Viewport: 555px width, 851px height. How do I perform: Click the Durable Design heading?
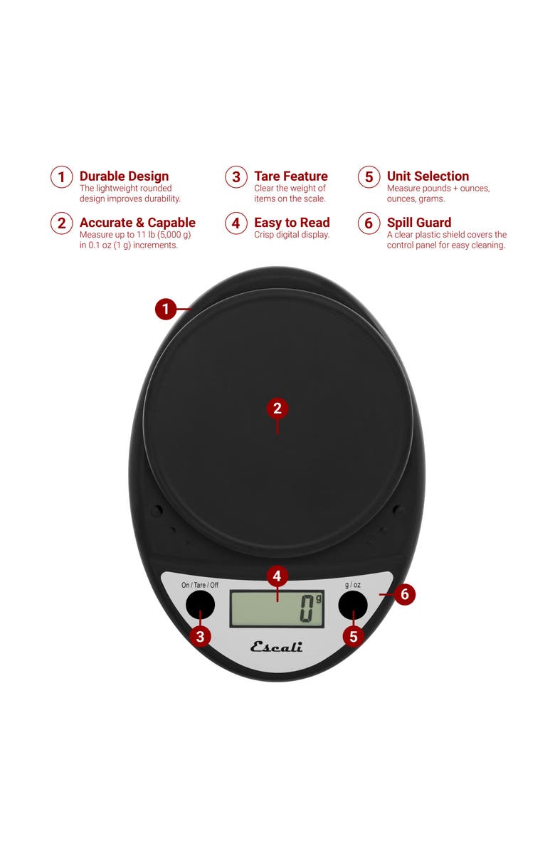(x=125, y=176)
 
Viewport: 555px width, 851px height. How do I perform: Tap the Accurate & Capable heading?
(x=137, y=223)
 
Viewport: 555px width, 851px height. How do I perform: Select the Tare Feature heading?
(x=291, y=176)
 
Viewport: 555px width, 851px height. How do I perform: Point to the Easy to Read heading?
(x=292, y=223)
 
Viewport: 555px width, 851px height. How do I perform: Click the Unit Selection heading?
(x=428, y=176)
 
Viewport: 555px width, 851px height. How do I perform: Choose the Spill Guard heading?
(x=419, y=223)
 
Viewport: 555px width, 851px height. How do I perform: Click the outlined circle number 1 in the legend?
(x=62, y=177)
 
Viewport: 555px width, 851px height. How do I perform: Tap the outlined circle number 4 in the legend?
(x=236, y=223)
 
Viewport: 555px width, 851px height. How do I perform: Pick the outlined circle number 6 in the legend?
(x=369, y=223)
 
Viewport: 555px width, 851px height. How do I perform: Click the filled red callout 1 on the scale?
(x=166, y=310)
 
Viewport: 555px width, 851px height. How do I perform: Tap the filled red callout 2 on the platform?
(x=277, y=408)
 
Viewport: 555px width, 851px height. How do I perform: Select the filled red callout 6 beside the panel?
(x=405, y=594)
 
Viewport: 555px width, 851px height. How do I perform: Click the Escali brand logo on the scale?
(x=277, y=646)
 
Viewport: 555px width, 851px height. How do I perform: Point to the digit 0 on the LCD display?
(x=307, y=608)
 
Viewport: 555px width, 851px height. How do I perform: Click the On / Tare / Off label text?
(x=200, y=585)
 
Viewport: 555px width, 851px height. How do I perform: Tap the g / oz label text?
(x=353, y=585)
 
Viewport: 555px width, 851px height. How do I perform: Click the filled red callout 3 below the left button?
(x=200, y=636)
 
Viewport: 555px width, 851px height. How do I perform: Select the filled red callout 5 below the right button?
(x=353, y=636)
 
